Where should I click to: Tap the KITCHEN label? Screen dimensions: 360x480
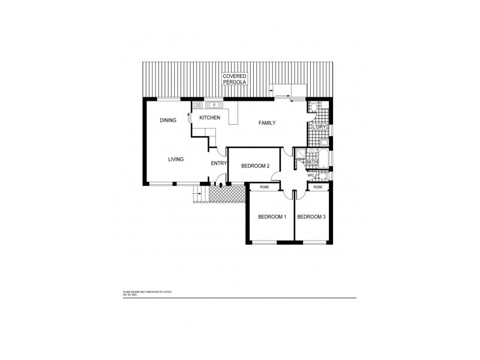click(209, 118)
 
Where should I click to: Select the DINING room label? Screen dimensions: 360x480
click(168, 121)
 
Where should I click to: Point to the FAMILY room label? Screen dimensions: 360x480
click(266, 123)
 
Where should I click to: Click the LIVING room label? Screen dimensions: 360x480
click(176, 159)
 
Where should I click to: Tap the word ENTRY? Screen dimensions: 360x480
click(218, 163)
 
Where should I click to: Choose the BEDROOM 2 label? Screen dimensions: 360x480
click(255, 166)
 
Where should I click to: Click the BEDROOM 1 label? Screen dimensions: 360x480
click(272, 217)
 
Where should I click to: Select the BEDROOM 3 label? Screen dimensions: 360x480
click(311, 217)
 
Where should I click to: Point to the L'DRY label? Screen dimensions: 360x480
click(318, 128)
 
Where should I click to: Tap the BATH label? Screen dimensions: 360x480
click(312, 162)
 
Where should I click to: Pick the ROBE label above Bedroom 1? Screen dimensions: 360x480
click(265, 187)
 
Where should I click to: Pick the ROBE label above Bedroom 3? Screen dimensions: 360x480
click(318, 187)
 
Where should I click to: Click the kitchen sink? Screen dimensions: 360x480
click(213, 105)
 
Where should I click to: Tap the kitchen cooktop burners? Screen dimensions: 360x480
click(198, 106)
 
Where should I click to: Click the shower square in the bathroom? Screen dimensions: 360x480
click(299, 154)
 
